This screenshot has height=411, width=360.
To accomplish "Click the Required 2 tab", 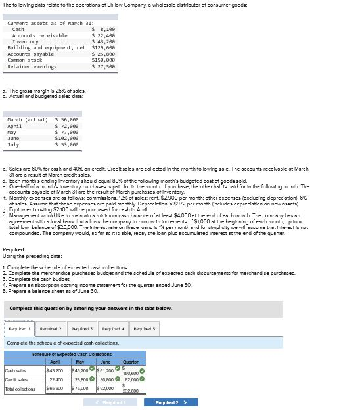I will pos(51,328).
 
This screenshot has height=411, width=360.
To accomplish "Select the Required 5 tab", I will pos(144,328).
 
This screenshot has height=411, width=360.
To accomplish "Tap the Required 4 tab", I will pos(112,328).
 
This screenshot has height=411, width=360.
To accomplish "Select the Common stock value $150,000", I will pos(104,60).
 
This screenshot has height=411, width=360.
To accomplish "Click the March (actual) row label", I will pos(27,119).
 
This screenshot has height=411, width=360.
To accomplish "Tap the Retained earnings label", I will pos(32,66).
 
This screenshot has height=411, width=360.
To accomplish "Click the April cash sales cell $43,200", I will pos(55,371).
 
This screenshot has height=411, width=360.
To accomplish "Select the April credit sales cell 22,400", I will pos(56,379).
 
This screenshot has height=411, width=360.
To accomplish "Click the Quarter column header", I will pos(130,362).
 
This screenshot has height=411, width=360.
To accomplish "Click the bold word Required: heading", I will pos(14,249).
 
